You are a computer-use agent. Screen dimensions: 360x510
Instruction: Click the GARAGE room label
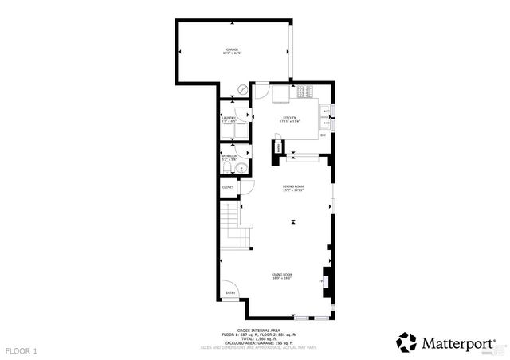pyautogui.click(x=232, y=51)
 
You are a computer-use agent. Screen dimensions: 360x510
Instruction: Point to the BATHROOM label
pyautogui.click(x=229, y=156)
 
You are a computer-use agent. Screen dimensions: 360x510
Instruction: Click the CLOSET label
pyautogui.click(x=228, y=187)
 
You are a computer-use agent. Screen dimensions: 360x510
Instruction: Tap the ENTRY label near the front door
pyautogui.click(x=230, y=292)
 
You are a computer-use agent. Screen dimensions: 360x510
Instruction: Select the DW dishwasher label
pyautogui.click(x=324, y=135)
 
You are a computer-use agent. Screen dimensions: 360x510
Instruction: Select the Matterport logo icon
pyautogui.click(x=406, y=342)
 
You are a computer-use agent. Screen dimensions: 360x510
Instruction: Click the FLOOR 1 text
pyautogui.click(x=22, y=350)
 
